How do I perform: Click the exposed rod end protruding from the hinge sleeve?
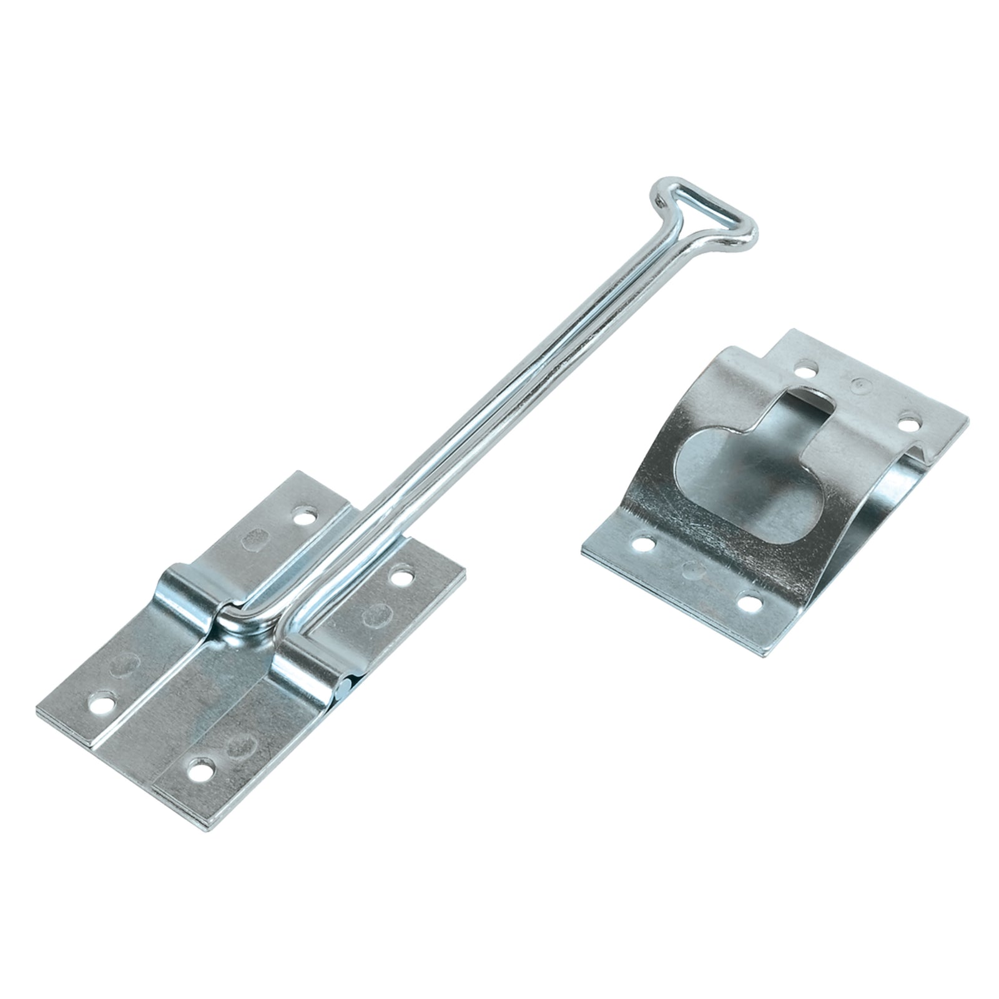click(x=343, y=687)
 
